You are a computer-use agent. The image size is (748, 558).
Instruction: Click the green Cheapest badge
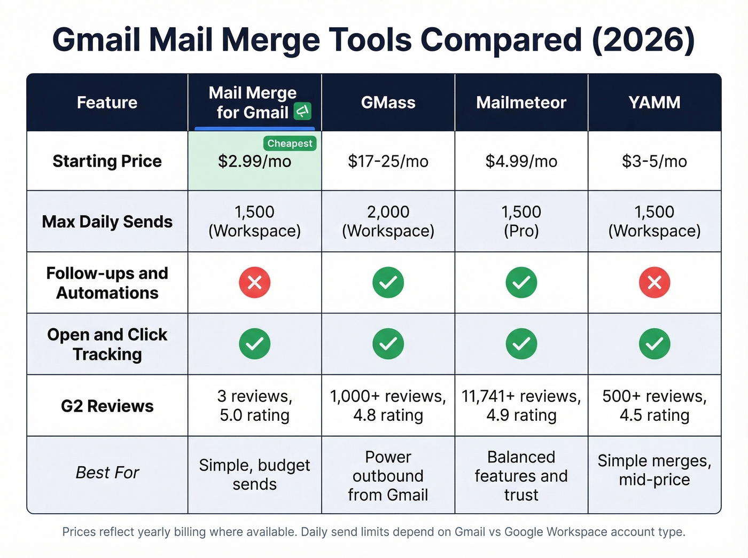(x=290, y=144)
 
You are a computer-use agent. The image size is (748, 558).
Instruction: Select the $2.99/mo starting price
(x=254, y=161)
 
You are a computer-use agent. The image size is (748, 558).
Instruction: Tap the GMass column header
(x=388, y=103)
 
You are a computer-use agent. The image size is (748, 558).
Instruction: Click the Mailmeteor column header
(x=521, y=103)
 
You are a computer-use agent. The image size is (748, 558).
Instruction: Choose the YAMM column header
(x=654, y=103)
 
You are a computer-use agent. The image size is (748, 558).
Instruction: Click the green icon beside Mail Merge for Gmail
(x=302, y=112)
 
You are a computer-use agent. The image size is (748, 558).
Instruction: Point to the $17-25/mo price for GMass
(x=388, y=161)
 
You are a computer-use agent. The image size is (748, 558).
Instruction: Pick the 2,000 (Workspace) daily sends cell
(x=388, y=221)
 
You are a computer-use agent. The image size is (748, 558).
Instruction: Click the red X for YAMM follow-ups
(x=654, y=282)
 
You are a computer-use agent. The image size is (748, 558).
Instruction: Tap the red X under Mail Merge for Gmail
(x=254, y=282)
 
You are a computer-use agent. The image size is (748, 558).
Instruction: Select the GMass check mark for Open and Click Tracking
(x=388, y=344)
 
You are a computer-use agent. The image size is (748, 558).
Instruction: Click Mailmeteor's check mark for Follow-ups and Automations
(x=521, y=282)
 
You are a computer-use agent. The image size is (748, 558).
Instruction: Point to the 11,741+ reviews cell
(x=521, y=405)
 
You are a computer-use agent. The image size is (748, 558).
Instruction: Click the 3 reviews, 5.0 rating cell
(x=254, y=405)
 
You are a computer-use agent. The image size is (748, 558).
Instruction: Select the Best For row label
(x=107, y=473)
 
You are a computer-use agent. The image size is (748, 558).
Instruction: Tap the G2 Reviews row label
(x=107, y=406)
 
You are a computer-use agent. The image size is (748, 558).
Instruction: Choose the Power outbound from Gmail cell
(x=388, y=476)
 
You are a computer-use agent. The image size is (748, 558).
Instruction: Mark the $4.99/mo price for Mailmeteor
(x=521, y=161)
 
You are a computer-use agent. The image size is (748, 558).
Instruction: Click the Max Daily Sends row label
(x=107, y=222)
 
